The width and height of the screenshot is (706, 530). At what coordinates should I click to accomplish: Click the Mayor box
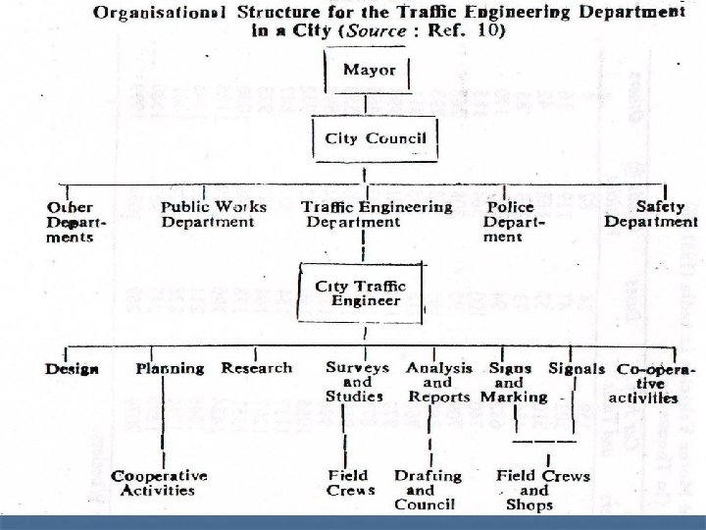[x=370, y=71]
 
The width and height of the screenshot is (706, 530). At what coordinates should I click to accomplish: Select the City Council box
[x=370, y=138]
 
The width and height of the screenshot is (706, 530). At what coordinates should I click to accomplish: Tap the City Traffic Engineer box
[x=360, y=292]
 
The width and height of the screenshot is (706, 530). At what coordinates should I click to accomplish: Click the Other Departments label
[x=71, y=222]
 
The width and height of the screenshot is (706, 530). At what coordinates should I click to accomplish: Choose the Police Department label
[x=513, y=222]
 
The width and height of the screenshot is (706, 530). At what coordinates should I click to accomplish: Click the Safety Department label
[x=651, y=214]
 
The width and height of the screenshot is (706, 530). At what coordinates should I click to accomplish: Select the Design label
[x=72, y=369]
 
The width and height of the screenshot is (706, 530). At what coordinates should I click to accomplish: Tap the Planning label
[x=169, y=369]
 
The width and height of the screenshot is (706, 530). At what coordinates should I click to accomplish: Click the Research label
[x=257, y=368]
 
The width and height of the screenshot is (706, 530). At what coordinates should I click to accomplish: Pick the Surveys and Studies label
[x=357, y=381]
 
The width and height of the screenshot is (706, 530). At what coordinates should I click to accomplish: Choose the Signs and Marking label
[x=513, y=382]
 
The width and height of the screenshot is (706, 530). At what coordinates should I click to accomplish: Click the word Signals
[x=578, y=369]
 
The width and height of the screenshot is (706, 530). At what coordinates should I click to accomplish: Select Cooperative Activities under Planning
[x=159, y=483]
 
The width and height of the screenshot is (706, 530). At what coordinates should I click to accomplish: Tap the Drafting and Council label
[x=427, y=490]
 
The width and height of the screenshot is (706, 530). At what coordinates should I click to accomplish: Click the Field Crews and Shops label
[x=542, y=490]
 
